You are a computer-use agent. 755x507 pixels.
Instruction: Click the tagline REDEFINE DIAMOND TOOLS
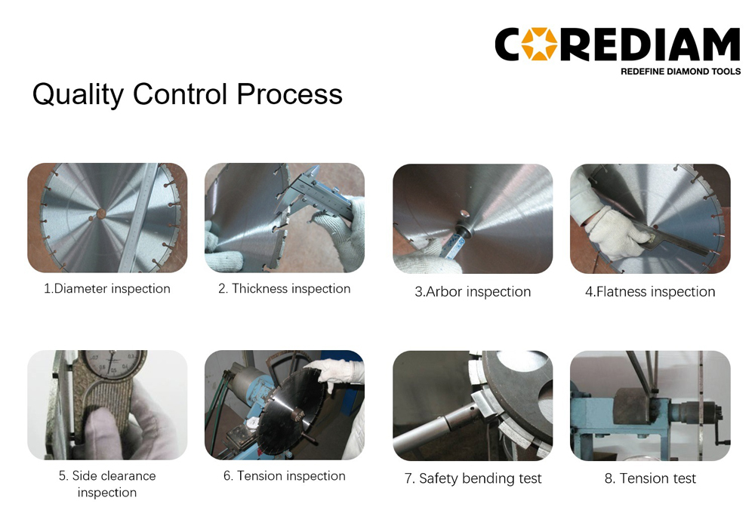point(680,72)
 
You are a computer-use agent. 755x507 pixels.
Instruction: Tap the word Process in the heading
point(289,94)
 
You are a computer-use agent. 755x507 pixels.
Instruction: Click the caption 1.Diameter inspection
point(107,289)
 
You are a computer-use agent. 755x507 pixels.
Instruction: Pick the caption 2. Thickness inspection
point(284,289)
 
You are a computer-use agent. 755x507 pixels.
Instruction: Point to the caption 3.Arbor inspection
point(473,292)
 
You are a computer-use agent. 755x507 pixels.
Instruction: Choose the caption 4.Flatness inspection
point(650,292)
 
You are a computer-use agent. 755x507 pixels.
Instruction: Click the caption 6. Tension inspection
point(284,476)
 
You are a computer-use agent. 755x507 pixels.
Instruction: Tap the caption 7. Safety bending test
point(473,478)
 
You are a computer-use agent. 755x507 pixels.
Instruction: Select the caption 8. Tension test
point(650,478)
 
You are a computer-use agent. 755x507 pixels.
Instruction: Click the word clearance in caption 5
point(128,476)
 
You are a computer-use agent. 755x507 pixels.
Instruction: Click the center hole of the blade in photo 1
point(101,214)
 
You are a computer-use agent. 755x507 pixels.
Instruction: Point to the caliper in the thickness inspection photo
point(316,193)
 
